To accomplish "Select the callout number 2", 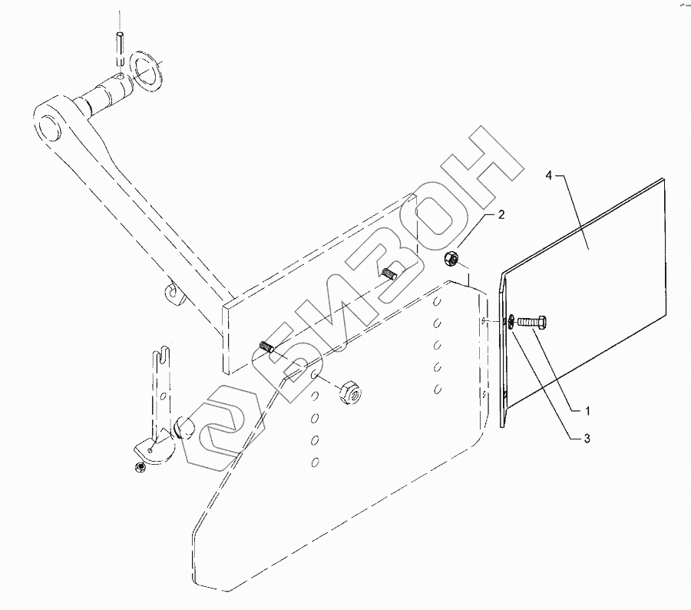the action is coord(500,216).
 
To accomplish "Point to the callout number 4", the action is coord(549,176).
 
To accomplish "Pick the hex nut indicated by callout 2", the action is coord(451,260).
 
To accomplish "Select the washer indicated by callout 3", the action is coord(510,321).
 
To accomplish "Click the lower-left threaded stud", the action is coord(265,348).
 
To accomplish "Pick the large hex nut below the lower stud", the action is coord(349,392).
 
